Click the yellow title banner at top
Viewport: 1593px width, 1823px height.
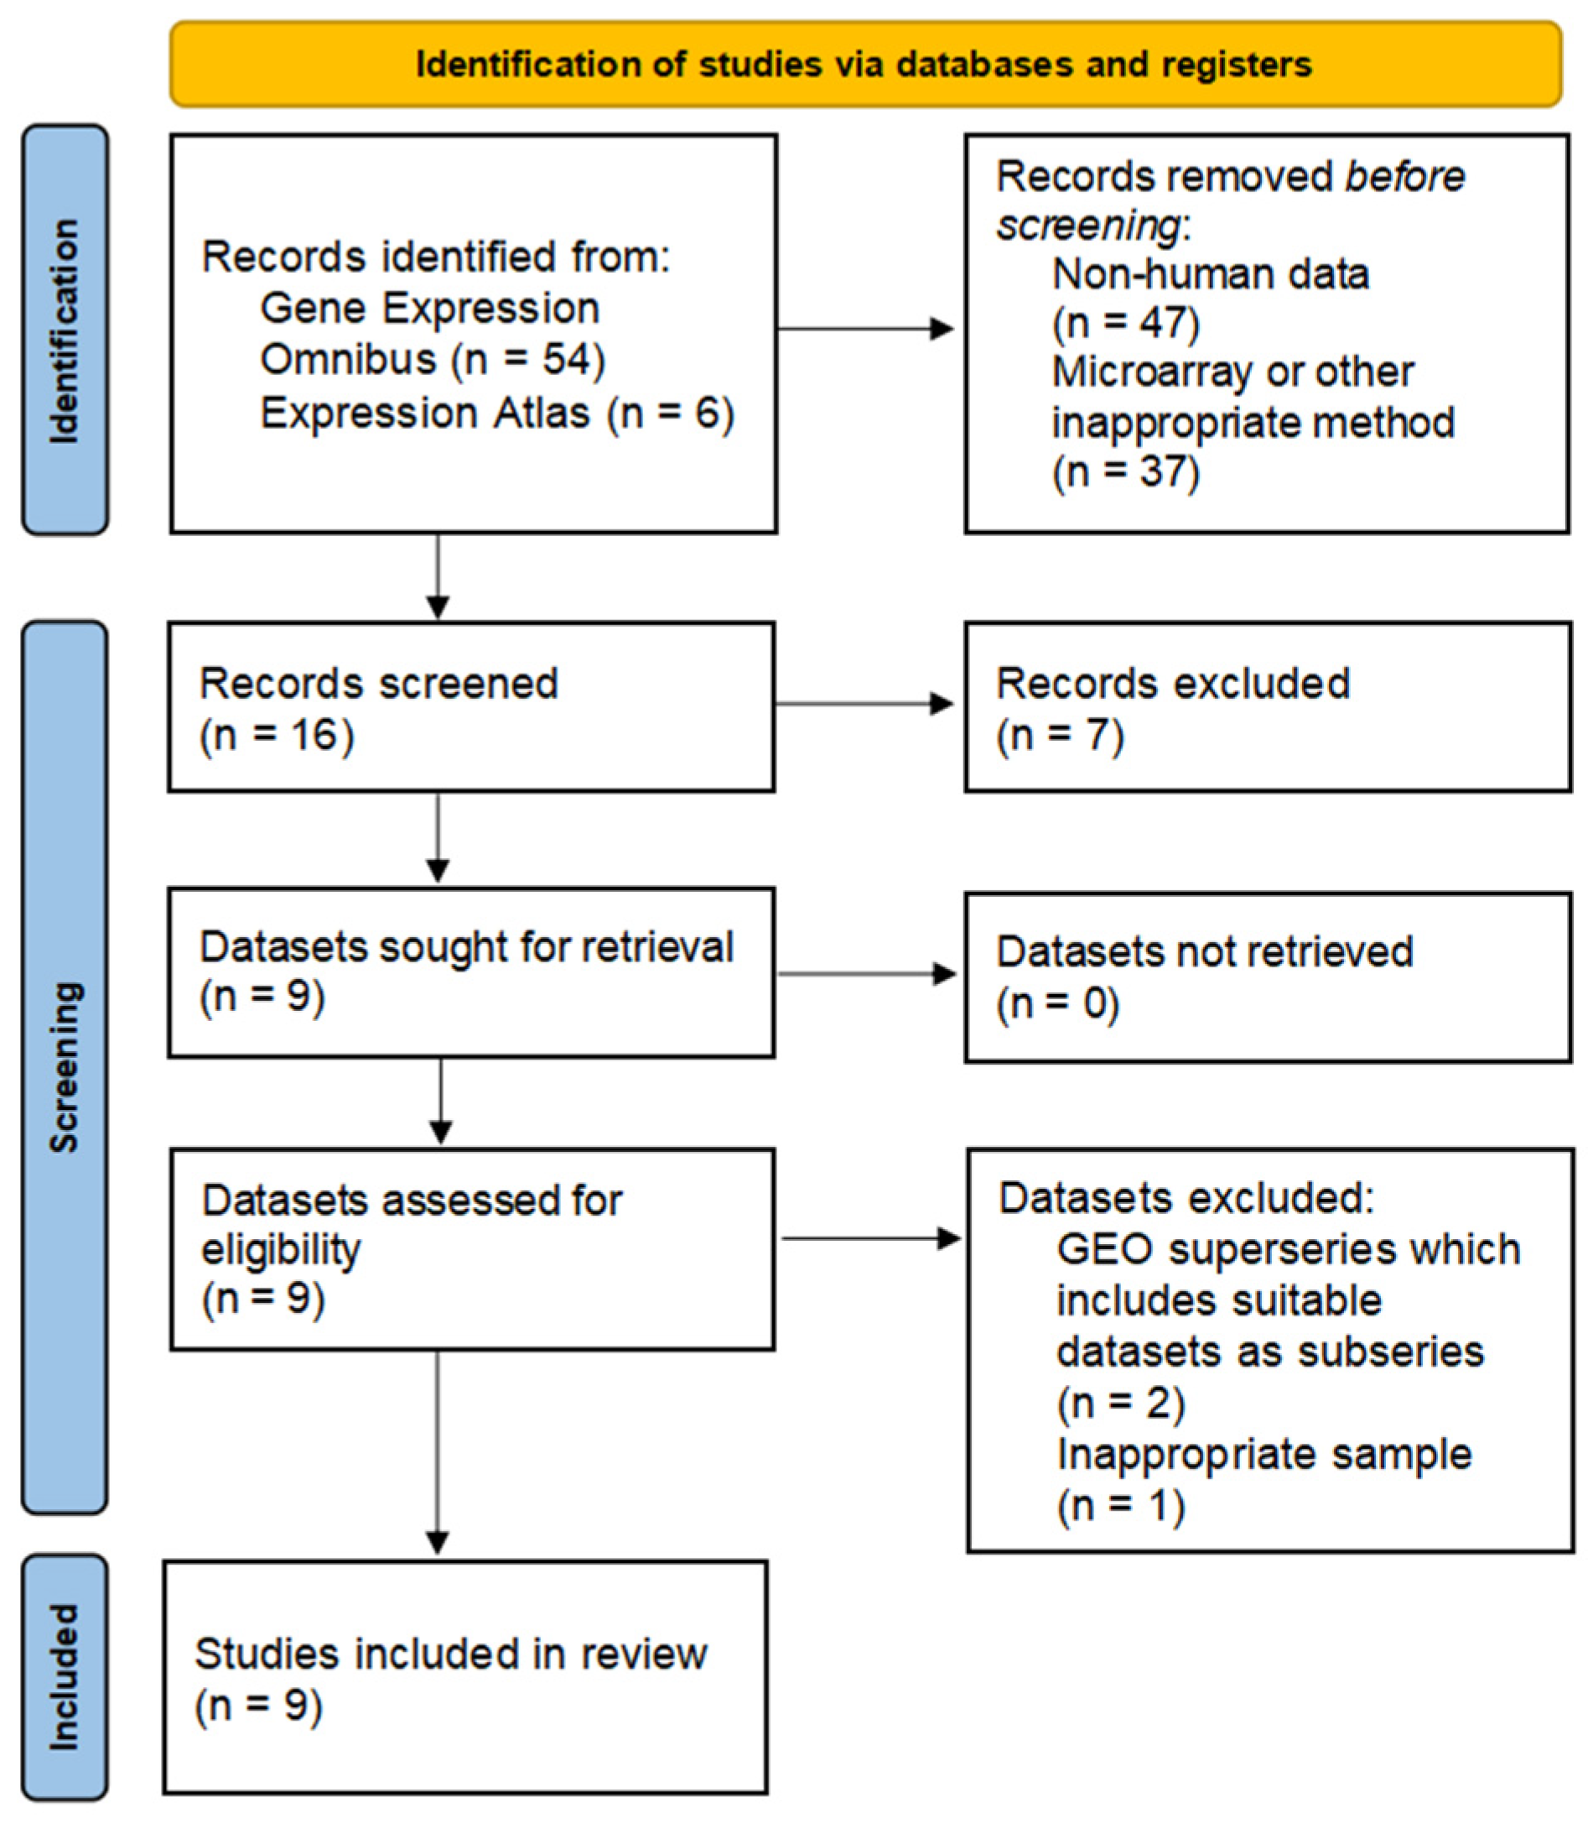pyautogui.click(x=865, y=64)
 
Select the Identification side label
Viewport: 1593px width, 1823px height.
pyautogui.click(x=65, y=330)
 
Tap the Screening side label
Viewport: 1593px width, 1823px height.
pyautogui.click(x=65, y=1067)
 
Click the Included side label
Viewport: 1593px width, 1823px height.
pyautogui.click(x=65, y=1677)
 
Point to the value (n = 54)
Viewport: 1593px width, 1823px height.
pyautogui.click(x=528, y=360)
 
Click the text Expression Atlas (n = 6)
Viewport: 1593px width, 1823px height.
pyautogui.click(x=496, y=414)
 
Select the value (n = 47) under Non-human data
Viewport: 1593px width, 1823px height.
pyautogui.click(x=1125, y=323)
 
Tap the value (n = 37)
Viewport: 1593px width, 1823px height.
pyautogui.click(x=1125, y=471)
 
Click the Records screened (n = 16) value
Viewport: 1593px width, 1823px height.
pyautogui.click(x=277, y=737)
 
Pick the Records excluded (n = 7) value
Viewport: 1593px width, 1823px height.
pyautogui.click(x=1060, y=737)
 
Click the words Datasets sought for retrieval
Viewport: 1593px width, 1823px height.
pyautogui.click(x=466, y=947)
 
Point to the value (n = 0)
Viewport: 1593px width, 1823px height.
pyautogui.click(x=1057, y=1005)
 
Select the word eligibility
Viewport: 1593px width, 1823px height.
pyautogui.click(x=280, y=1249)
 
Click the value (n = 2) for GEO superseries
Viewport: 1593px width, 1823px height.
pyautogui.click(x=1120, y=1404)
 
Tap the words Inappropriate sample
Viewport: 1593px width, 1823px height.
pyautogui.click(x=1264, y=1455)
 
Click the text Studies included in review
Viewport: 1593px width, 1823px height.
pyautogui.click(x=451, y=1654)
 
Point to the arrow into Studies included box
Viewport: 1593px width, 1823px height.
pyautogui.click(x=438, y=1458)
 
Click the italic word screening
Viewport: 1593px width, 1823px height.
pyautogui.click(x=1087, y=226)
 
